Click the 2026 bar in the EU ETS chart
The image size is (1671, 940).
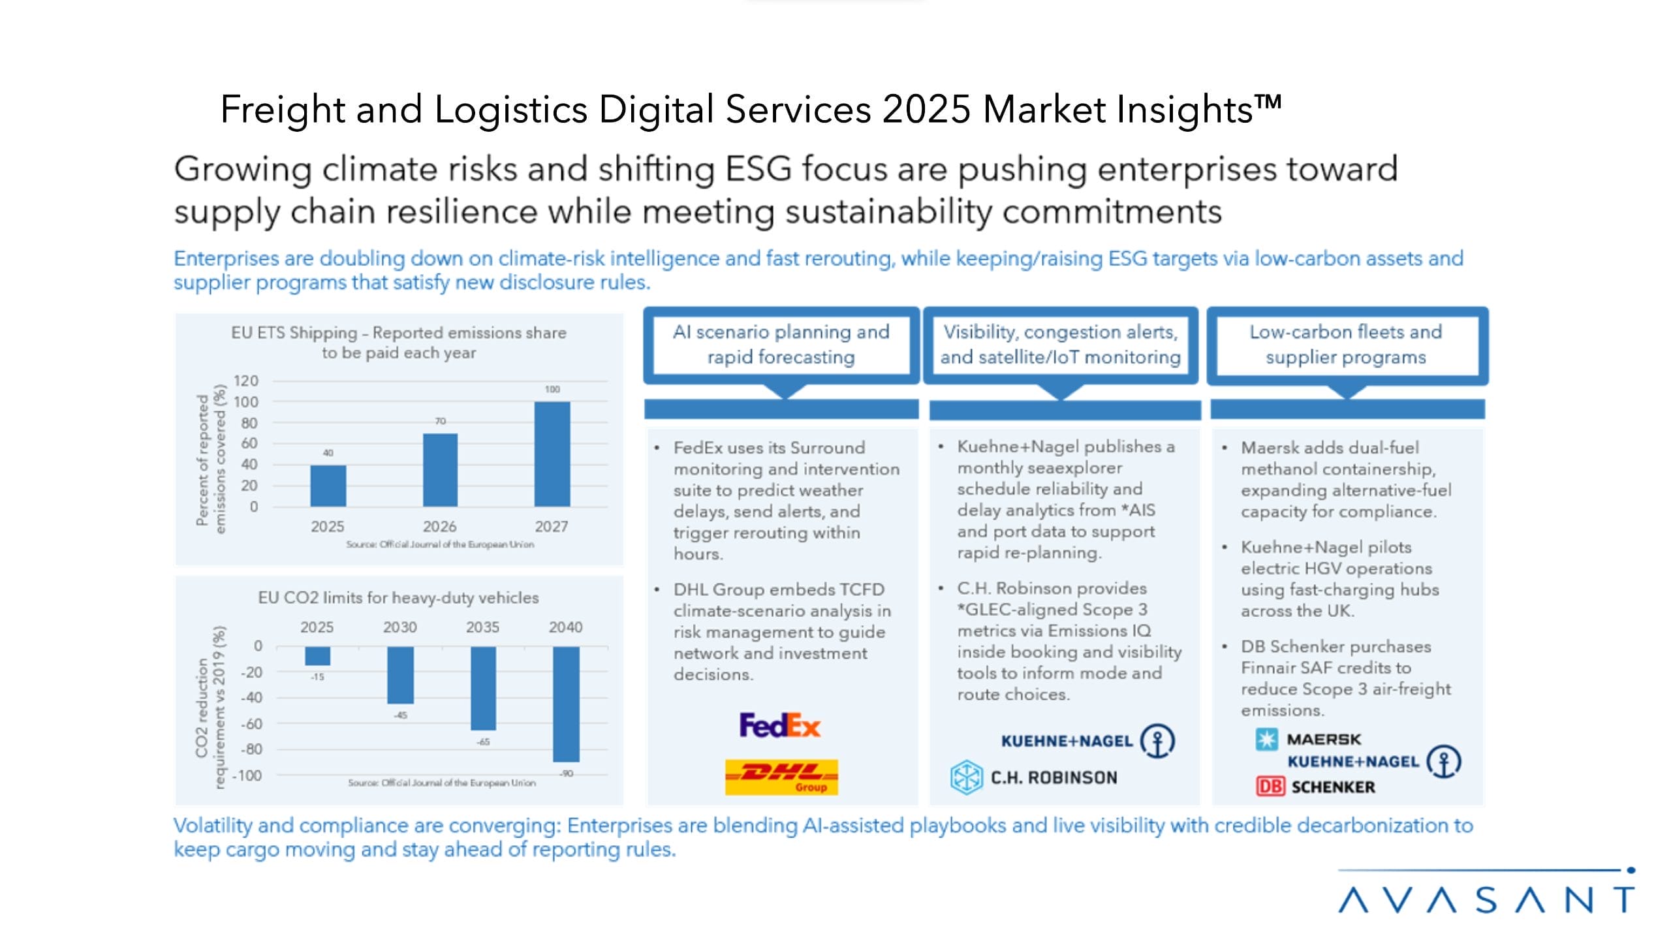click(440, 470)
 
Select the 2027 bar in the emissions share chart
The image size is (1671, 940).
click(552, 454)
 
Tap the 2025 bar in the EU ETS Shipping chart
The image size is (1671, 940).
click(328, 486)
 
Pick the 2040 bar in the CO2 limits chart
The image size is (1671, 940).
click(565, 704)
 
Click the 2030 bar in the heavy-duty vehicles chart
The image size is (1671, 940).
click(400, 675)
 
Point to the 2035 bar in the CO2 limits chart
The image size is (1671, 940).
click(483, 688)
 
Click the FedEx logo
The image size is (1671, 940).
click(779, 725)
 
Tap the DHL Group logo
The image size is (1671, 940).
click(781, 776)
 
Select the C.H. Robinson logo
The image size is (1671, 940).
click(1034, 777)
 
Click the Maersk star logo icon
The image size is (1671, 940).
click(1266, 740)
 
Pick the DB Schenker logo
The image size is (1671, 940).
click(1315, 787)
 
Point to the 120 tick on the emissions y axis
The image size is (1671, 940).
click(246, 381)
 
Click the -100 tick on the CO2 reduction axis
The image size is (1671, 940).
click(247, 775)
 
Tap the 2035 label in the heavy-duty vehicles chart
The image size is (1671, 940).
click(482, 627)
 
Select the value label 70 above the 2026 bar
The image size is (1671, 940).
click(441, 421)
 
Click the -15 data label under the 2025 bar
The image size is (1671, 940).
click(317, 677)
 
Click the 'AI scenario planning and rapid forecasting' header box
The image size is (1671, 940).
click(781, 345)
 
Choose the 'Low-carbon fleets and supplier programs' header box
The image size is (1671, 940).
click(1346, 345)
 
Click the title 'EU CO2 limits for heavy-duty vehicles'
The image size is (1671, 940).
click(398, 597)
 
